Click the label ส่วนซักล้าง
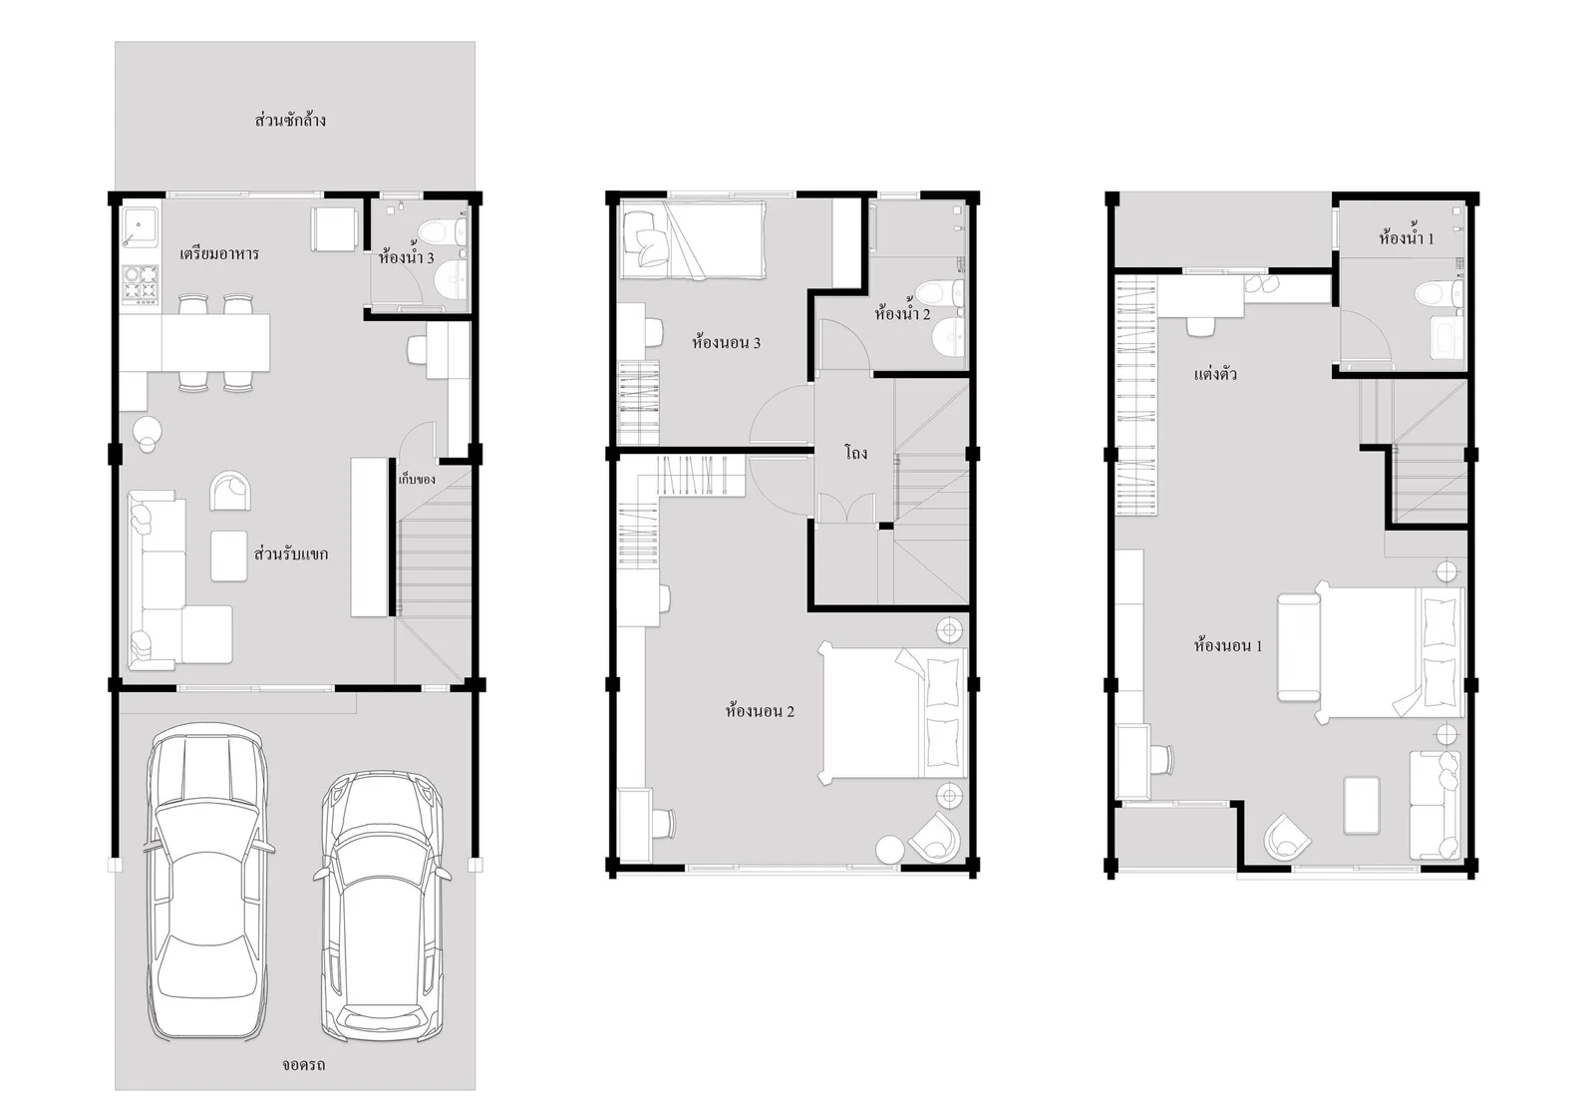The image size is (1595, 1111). pos(290,120)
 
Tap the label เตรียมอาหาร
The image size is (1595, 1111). pos(219,253)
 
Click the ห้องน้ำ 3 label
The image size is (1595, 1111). pos(406,256)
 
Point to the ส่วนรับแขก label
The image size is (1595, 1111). pos(291,554)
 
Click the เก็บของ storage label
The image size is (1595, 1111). pos(417,480)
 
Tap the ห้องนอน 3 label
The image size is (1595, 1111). pos(726,342)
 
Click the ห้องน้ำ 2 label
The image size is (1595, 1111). pos(902,312)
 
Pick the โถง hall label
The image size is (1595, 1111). pos(856,452)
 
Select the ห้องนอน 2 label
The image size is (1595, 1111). pos(760,711)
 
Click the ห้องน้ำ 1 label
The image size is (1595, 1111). pos(1407,237)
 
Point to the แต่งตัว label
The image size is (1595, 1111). pos(1215,374)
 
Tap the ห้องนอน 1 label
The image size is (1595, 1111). pos(1228,646)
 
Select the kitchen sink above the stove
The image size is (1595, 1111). pos(140,226)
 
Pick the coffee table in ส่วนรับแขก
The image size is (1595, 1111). pos(228,555)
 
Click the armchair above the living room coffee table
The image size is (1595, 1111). pos(230,491)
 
